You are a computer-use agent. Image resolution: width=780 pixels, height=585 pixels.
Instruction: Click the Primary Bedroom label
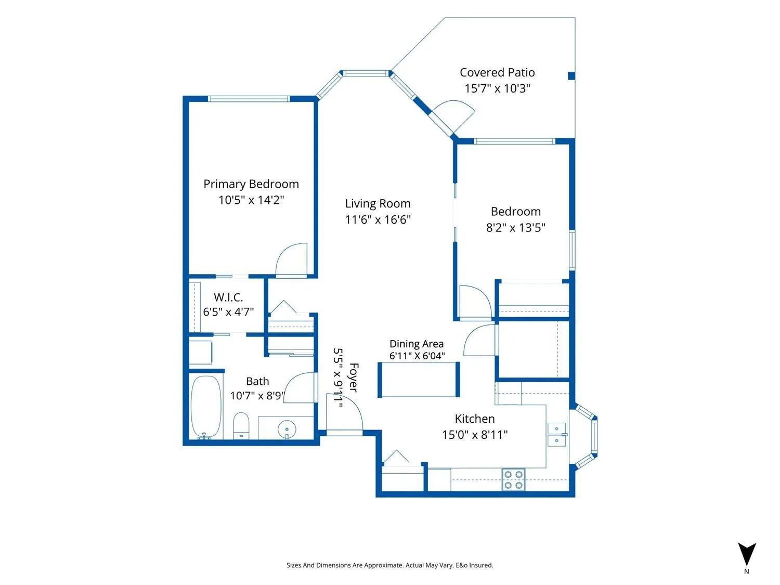point(251,184)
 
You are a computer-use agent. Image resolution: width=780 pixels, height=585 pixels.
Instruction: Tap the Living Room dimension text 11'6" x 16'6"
point(378,219)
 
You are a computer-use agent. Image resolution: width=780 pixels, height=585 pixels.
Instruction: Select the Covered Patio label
point(497,72)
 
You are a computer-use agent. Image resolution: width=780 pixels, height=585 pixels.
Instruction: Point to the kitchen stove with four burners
point(513,480)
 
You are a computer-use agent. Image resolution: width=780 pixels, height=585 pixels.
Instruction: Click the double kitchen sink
point(556,434)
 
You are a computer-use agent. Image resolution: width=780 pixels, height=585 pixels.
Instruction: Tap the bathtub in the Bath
point(206,407)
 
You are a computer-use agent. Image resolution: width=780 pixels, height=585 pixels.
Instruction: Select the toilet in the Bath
point(241,426)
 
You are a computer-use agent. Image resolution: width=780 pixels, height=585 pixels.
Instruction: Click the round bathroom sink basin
point(287,429)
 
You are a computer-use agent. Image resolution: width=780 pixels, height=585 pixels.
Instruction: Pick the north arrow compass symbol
point(747,554)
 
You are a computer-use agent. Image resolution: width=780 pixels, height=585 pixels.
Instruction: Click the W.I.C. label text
point(228,297)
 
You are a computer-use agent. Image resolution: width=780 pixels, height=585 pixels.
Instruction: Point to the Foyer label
point(354,377)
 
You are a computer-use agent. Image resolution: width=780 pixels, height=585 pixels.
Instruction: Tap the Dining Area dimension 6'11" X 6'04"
point(417,356)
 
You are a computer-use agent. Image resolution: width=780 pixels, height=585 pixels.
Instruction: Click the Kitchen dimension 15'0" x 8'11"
point(475,434)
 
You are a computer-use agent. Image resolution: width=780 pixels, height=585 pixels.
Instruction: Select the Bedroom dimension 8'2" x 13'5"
point(516,227)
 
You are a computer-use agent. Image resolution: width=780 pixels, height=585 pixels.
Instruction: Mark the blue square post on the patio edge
point(571,76)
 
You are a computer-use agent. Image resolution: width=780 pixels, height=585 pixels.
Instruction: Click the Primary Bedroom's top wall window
point(249,99)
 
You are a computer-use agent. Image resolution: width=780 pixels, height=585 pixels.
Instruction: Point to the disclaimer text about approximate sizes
point(390,565)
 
